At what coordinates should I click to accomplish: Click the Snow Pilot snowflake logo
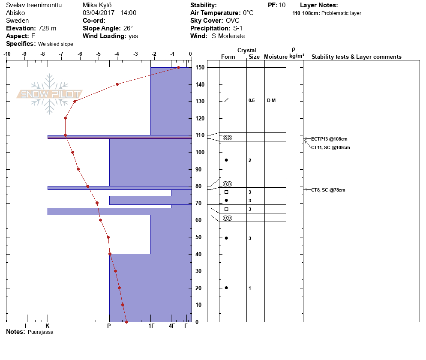pos(49,94)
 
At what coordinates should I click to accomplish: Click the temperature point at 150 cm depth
pos(178,67)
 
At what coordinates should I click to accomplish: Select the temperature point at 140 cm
pos(117,84)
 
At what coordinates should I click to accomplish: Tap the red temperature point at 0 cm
pos(126,322)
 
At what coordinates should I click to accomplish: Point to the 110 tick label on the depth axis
pos(200,135)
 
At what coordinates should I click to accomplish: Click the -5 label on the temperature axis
pos(98,54)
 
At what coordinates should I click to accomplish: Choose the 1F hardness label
pos(151,326)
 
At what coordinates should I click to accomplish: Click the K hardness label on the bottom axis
pos(48,326)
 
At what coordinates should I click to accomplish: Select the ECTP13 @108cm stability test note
pos(329,139)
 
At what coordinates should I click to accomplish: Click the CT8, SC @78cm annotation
pos(328,190)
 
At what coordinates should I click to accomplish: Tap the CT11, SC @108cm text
pos(330,147)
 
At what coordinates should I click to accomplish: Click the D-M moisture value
pos(271,101)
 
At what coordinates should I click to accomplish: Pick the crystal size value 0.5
pos(252,101)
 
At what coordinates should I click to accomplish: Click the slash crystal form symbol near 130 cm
pos(226,100)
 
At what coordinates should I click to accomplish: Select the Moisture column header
pos(276,57)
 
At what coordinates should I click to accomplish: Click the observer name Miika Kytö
pos(97,5)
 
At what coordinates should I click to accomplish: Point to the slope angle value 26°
pos(128,28)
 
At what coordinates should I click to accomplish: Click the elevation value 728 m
pos(47,28)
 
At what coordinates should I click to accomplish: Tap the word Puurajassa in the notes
pos(40,332)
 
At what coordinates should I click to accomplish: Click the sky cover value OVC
pos(233,21)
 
